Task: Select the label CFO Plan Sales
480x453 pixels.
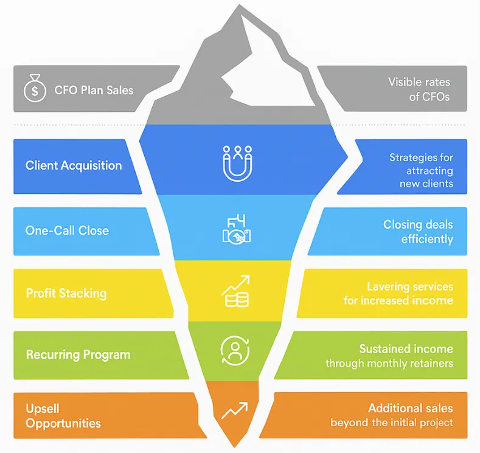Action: [94, 90]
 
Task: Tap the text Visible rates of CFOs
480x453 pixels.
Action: [419, 89]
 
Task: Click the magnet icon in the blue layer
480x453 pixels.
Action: [237, 164]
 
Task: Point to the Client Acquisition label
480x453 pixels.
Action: [74, 165]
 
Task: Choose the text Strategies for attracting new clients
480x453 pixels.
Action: [421, 170]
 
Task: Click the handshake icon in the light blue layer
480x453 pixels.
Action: [237, 229]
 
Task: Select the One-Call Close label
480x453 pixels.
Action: [67, 230]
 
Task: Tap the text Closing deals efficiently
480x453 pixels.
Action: [418, 232]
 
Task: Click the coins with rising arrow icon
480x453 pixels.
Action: [235, 291]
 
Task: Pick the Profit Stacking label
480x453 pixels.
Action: [66, 293]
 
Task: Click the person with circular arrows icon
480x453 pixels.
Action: [235, 350]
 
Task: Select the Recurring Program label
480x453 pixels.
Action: [78, 355]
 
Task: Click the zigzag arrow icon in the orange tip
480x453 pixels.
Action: [234, 411]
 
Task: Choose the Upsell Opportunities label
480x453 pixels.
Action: [63, 416]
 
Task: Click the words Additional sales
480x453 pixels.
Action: [411, 408]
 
